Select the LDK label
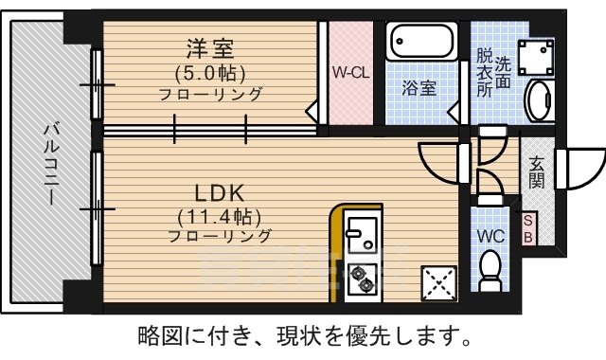[x=221, y=190]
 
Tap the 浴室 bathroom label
[x=419, y=88]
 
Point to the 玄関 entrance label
[x=537, y=170]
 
